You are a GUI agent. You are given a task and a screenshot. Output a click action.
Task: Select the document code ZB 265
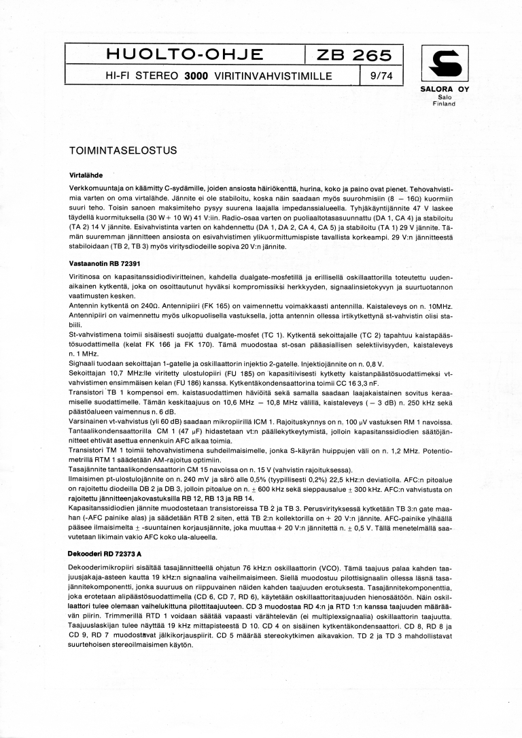coord(355,55)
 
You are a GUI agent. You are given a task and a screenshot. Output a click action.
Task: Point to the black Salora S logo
coord(445,63)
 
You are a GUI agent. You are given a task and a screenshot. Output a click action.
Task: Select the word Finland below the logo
coord(445,104)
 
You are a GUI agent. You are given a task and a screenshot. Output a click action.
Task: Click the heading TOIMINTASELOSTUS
coord(123,150)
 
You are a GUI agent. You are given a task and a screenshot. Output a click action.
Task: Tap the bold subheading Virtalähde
coord(85,175)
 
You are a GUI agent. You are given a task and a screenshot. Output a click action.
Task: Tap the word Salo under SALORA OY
coord(445,97)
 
